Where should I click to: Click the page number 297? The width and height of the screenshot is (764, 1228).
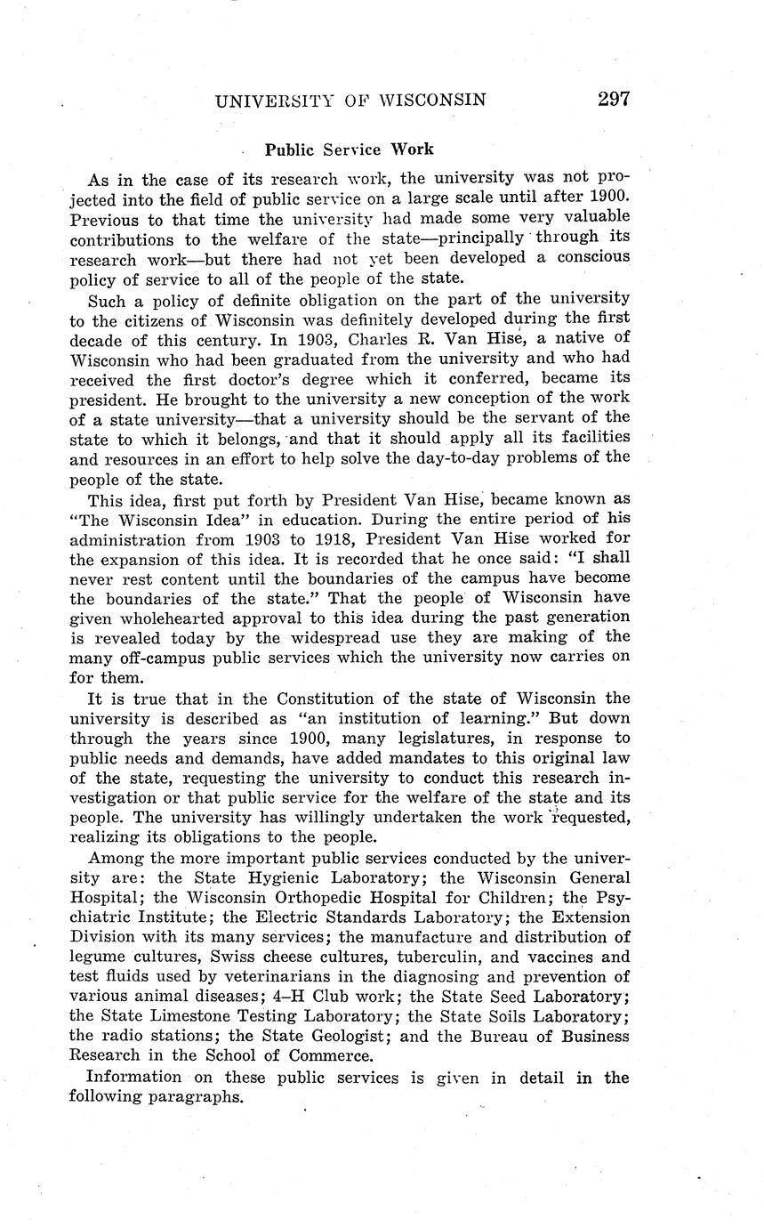pyautogui.click(x=614, y=99)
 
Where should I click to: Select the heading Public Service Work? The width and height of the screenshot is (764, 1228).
pyautogui.click(x=349, y=149)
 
